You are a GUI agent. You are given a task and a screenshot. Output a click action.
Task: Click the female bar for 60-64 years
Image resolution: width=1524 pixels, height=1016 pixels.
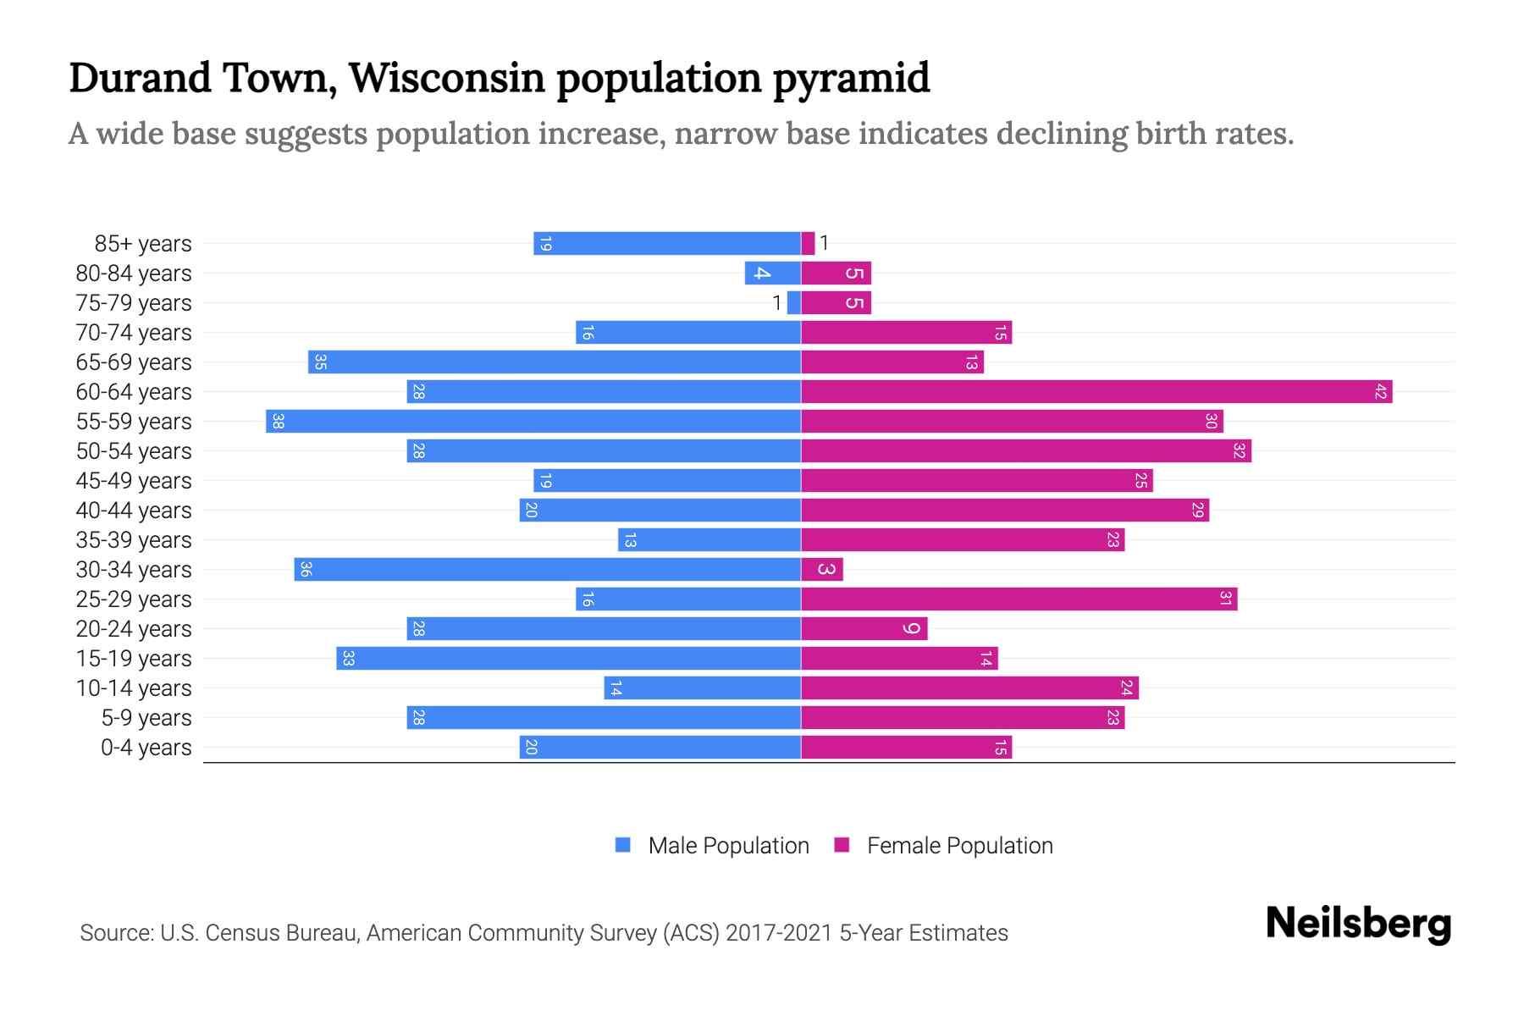click(1096, 392)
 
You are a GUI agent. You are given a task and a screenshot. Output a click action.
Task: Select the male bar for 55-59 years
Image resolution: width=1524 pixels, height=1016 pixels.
click(533, 422)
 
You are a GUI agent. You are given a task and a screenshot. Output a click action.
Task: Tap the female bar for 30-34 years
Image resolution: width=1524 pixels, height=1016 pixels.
click(822, 570)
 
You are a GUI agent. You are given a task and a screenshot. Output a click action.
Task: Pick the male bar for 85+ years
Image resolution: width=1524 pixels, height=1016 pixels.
click(667, 244)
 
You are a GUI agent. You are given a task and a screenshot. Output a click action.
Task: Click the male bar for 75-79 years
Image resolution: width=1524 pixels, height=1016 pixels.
click(793, 303)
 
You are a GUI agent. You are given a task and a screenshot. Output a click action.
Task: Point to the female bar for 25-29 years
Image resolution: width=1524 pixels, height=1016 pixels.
click(1019, 599)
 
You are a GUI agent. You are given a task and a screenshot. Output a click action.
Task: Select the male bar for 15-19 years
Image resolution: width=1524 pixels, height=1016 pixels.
click(568, 659)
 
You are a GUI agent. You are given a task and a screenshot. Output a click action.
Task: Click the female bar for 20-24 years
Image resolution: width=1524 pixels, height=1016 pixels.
click(864, 629)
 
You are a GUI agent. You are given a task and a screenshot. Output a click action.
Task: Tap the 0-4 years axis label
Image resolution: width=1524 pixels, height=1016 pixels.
click(146, 748)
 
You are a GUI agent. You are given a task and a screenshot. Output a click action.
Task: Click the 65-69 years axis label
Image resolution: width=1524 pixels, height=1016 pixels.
click(134, 362)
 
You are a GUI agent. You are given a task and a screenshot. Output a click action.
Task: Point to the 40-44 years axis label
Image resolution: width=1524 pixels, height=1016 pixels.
click(134, 511)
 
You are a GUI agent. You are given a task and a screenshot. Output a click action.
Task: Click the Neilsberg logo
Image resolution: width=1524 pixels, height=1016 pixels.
click(1358, 924)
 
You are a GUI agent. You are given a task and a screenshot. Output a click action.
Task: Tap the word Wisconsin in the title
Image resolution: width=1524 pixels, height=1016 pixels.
click(446, 78)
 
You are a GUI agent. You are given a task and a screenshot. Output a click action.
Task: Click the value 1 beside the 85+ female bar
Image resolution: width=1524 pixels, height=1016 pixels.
click(824, 244)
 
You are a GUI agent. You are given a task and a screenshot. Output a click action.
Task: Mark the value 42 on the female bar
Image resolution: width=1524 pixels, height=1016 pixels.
click(1380, 392)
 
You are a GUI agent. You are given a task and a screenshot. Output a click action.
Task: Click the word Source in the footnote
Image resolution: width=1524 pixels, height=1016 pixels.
click(115, 933)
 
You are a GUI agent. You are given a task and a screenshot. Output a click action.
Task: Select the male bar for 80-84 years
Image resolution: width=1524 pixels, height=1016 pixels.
click(772, 273)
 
